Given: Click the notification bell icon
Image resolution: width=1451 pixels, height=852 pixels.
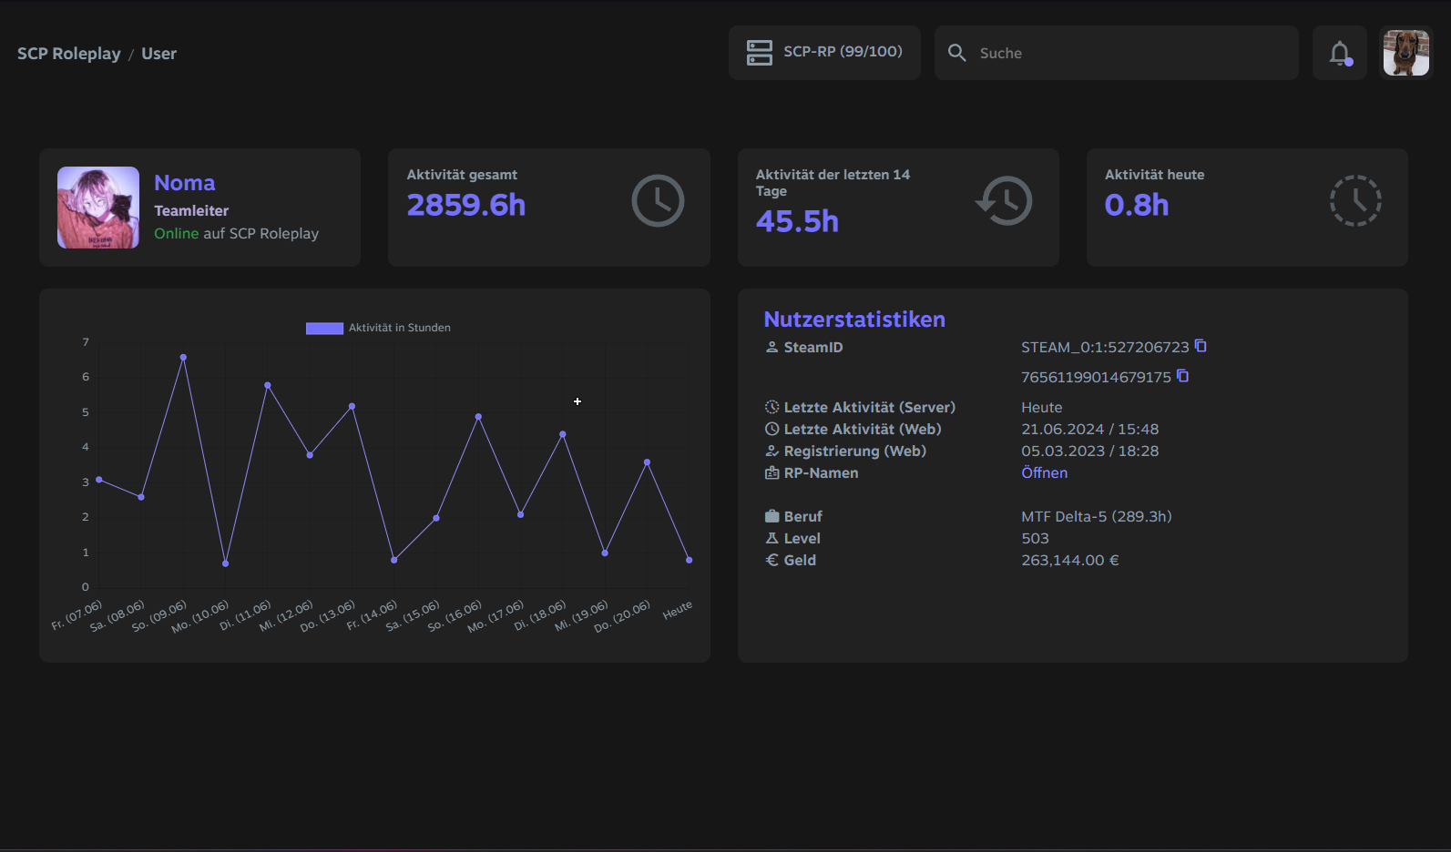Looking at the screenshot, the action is [x=1340, y=53].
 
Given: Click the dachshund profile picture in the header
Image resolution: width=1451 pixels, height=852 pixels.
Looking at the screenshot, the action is [x=1405, y=53].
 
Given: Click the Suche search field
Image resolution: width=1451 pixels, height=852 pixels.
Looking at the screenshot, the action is [x=1116, y=53].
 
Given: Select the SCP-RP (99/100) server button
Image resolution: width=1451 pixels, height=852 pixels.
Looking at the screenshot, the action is [x=824, y=53].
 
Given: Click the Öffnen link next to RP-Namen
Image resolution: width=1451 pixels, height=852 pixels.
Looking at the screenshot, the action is [x=1044, y=472].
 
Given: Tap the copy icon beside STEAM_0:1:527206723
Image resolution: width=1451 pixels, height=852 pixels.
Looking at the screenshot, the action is [x=1201, y=346].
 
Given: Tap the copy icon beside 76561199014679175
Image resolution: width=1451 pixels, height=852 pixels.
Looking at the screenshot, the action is [x=1182, y=376].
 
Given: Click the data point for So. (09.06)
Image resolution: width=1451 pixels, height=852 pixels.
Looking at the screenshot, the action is [x=183, y=358].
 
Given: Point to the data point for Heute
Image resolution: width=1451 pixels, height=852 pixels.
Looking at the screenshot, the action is [x=690, y=560].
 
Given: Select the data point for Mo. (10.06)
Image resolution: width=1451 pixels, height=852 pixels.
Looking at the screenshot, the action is [x=225, y=563].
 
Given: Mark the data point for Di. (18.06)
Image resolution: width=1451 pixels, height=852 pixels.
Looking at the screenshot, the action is [x=563, y=434].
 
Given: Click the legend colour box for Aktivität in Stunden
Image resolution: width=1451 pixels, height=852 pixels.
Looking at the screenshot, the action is [x=324, y=329].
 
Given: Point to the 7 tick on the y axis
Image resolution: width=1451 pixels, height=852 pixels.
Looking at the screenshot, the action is [x=86, y=342].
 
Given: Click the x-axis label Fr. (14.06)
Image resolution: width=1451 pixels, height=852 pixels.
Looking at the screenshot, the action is [x=371, y=615].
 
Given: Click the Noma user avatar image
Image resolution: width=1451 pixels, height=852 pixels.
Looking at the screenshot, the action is [x=97, y=208].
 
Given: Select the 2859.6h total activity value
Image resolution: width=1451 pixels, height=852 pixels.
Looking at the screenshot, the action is [x=465, y=205].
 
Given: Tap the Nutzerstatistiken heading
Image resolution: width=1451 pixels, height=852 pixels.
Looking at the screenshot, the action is [x=854, y=319].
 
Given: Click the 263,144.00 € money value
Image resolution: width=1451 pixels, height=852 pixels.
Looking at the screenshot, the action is [x=1070, y=560].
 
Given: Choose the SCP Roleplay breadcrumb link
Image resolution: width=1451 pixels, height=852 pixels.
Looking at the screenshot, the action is [x=68, y=53].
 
